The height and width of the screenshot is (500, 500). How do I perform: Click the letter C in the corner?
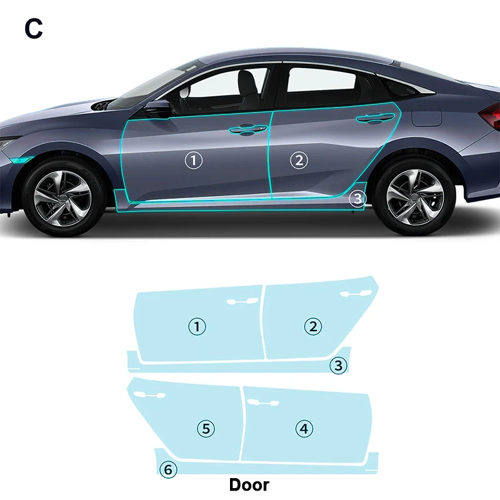click(34, 28)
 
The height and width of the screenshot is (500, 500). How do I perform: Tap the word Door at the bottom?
click(249, 484)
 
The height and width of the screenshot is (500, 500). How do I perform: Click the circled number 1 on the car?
click(194, 161)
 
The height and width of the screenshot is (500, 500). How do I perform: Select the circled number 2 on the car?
click(299, 161)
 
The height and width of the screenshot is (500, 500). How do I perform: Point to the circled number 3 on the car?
click(356, 199)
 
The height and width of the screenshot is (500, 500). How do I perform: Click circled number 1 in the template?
click(197, 326)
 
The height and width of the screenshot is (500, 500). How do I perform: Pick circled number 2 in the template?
click(312, 326)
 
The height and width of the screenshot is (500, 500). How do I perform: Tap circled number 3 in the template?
click(338, 366)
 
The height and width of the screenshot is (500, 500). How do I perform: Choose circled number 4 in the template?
click(304, 429)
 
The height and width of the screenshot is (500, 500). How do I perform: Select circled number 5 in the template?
click(206, 429)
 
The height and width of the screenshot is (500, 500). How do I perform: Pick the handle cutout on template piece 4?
click(263, 402)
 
